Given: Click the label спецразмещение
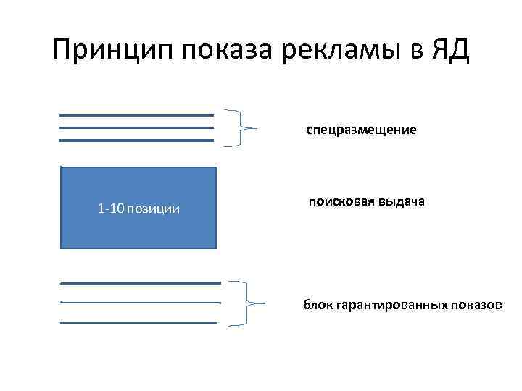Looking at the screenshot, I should click(x=361, y=130).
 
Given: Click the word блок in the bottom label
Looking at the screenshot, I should click(x=318, y=305).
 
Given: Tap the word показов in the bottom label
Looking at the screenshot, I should click(x=475, y=305).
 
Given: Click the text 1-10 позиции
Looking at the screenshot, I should click(x=138, y=209).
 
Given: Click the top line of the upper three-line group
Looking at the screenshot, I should click(x=136, y=115).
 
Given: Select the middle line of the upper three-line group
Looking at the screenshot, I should click(x=136, y=127).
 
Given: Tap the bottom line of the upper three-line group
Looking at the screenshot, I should click(x=136, y=140).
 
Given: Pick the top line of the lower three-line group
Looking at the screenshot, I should click(x=140, y=282).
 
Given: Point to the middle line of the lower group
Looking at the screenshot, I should click(x=140, y=302).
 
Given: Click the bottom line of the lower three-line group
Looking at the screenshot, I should click(x=140, y=323).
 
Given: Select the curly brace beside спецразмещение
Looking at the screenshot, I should click(x=239, y=127).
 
